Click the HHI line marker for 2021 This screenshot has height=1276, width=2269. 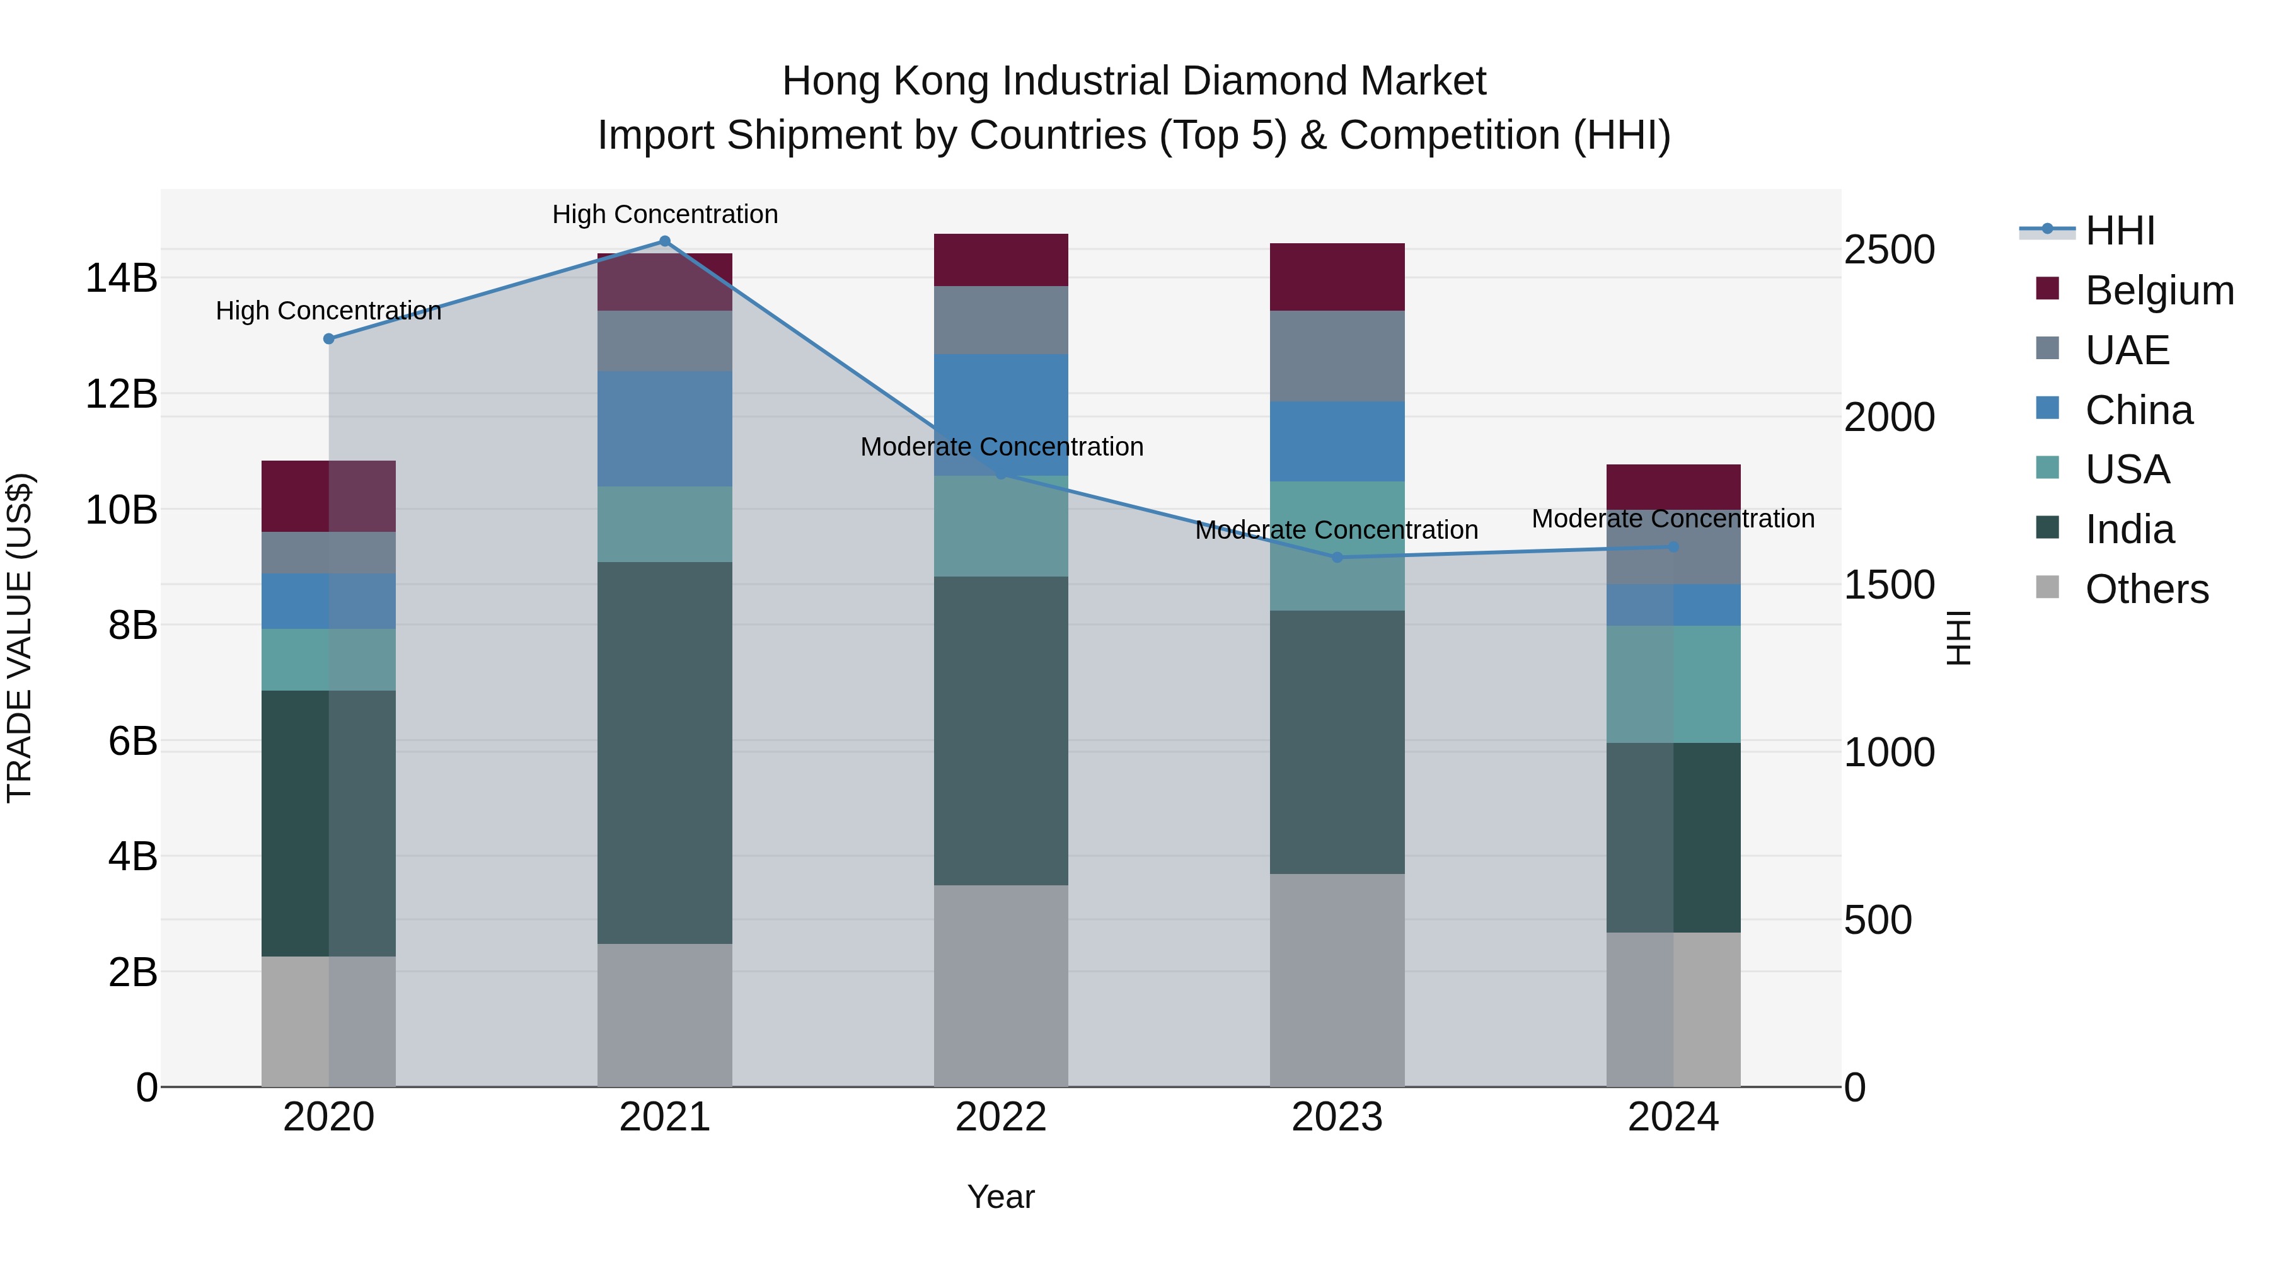click(x=665, y=241)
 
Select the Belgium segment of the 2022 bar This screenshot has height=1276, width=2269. click(x=1001, y=260)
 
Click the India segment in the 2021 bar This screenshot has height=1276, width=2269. click(x=665, y=753)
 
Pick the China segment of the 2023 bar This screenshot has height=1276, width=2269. click(x=1337, y=441)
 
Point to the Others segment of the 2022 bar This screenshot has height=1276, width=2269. click(x=1001, y=986)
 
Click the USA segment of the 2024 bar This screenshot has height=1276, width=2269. click(x=1673, y=684)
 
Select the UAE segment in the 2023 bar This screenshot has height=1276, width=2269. click(x=1337, y=356)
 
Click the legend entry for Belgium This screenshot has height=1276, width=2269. click(x=2158, y=290)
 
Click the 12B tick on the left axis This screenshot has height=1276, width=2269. click(x=120, y=394)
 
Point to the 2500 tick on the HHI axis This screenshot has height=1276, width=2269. click(x=1890, y=250)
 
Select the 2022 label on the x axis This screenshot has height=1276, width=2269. click(x=1001, y=1117)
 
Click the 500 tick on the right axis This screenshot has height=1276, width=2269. click(x=1878, y=920)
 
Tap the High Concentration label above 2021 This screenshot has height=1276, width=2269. click(x=665, y=214)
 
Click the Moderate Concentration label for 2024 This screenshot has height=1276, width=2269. click(x=1673, y=519)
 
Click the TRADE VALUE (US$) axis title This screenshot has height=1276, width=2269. click(x=20, y=638)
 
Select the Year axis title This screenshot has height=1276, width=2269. click(x=1001, y=1197)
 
